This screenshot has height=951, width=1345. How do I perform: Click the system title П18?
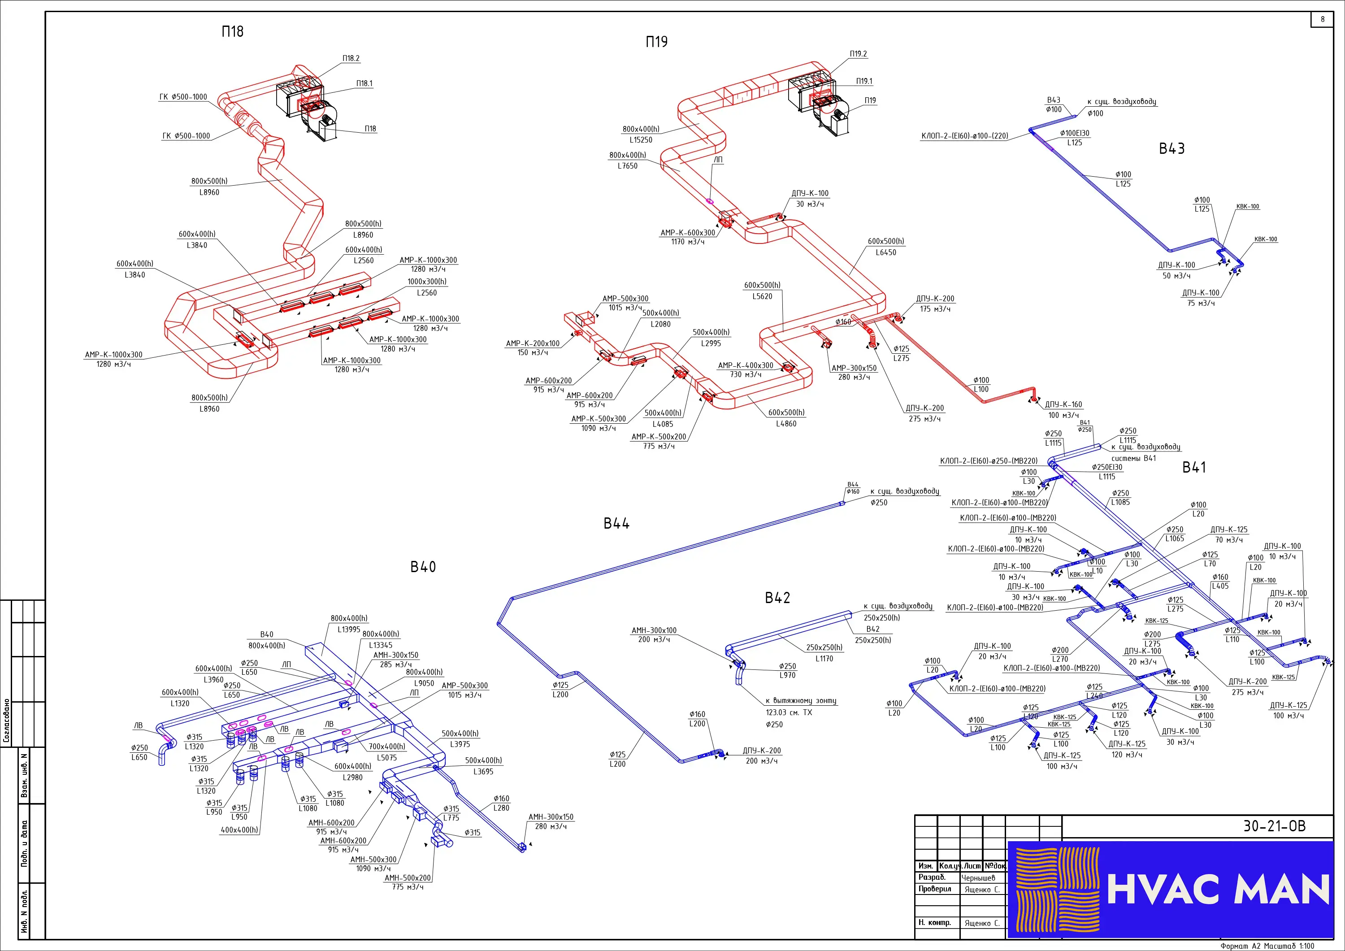click(233, 32)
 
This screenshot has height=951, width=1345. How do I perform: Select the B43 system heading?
click(1171, 149)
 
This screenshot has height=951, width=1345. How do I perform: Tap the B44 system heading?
click(616, 523)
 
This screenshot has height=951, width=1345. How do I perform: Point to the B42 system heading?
click(777, 598)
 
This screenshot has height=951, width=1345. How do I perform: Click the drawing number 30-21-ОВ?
click(1274, 826)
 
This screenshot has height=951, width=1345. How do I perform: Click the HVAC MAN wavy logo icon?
click(1057, 889)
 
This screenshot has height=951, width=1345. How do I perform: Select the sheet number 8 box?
click(1322, 19)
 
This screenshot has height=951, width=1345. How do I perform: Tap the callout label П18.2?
click(351, 59)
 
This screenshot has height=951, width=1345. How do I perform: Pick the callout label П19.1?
click(864, 82)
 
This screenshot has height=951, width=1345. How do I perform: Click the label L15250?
click(641, 140)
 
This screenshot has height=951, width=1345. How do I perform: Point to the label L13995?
click(349, 630)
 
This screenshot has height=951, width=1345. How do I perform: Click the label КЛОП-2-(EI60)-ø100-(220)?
click(965, 136)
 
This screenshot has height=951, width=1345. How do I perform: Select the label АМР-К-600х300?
click(688, 233)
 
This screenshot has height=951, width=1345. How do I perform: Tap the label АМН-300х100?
click(654, 630)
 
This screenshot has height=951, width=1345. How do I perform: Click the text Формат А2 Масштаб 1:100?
click(1267, 946)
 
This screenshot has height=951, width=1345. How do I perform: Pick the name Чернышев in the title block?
click(978, 878)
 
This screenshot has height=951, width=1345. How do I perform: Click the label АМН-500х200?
click(408, 878)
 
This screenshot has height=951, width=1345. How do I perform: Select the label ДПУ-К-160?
click(1063, 405)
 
